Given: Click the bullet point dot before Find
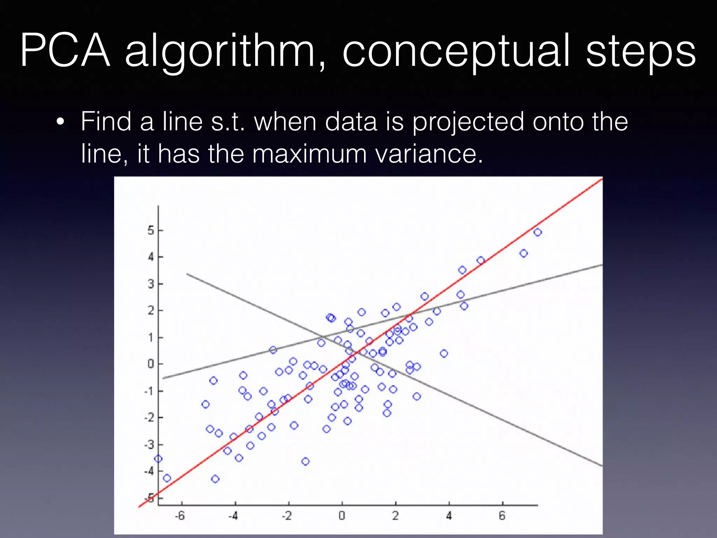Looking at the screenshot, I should [61, 122].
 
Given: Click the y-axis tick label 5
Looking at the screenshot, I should [151, 230].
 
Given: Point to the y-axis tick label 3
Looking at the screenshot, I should [151, 284].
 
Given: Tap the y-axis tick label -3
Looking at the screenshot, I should [149, 445].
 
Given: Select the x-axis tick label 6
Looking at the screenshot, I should [502, 516].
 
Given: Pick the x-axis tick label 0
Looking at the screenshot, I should [342, 516].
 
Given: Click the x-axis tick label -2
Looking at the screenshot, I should [287, 516].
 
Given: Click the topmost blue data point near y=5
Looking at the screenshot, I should [538, 232].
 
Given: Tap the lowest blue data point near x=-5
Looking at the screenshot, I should [215, 479].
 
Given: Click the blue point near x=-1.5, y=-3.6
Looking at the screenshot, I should [305, 461].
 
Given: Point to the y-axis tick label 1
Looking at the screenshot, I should [151, 338].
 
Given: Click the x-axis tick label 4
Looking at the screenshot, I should [449, 516].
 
